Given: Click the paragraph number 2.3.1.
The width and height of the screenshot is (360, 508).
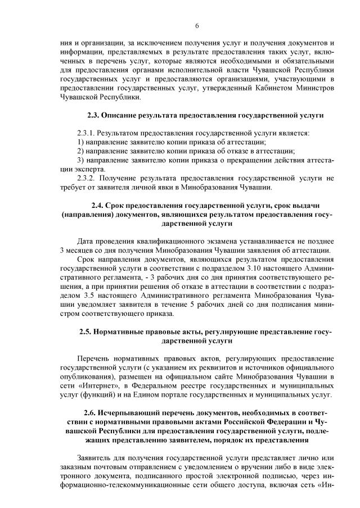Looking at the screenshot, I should [87, 133].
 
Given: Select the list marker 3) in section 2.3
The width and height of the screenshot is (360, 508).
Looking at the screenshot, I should [80, 160].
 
